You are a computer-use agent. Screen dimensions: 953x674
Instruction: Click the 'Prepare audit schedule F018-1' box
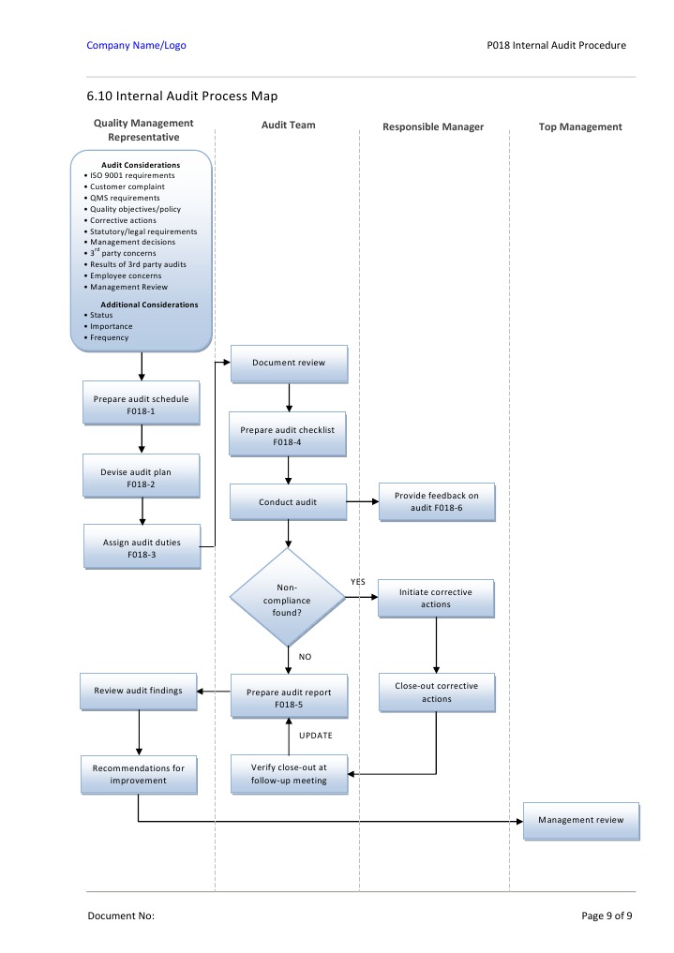pos(141,404)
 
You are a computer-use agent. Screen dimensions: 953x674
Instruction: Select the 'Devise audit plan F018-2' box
pos(141,478)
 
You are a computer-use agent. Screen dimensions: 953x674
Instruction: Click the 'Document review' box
pos(289,363)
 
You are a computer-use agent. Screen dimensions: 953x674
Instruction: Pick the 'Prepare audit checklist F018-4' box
pos(289,435)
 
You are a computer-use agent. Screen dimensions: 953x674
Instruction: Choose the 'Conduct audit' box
pos(288,501)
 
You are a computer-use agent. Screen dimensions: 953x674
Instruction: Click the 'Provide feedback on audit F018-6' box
pos(436,501)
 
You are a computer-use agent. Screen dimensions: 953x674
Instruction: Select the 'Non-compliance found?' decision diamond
pos(288,598)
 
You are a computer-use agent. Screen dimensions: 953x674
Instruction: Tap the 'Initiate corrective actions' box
pos(436,598)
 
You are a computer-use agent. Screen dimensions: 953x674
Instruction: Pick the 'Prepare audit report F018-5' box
pos(288,697)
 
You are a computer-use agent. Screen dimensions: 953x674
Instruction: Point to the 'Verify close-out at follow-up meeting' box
pos(289,774)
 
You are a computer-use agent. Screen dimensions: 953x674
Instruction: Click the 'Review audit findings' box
pos(139,691)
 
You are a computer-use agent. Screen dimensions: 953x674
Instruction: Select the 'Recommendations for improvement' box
pos(139,774)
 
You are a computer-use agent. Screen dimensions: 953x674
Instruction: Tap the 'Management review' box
pos(580,820)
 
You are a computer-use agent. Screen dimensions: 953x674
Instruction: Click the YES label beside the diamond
pos(358,582)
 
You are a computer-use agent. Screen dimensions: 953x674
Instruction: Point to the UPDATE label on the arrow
pos(315,736)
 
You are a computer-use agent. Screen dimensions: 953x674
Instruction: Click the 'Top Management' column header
pos(580,127)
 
